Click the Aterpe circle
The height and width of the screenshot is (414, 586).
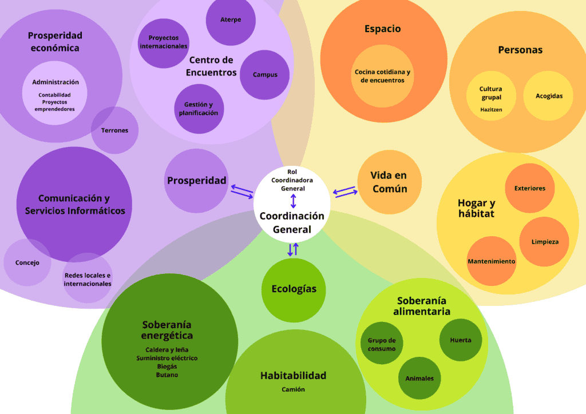(231, 21)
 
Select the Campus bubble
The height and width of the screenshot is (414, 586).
(264, 74)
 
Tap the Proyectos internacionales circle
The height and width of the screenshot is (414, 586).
(164, 42)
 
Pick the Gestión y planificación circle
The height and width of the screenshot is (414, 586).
(199, 109)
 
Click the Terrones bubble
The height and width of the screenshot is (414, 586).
(115, 130)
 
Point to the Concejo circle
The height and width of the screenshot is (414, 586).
(27, 263)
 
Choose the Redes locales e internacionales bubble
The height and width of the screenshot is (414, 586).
(88, 278)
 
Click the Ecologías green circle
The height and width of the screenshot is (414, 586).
(294, 289)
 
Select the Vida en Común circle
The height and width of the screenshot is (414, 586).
(389, 182)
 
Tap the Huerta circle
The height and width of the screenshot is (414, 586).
(461, 340)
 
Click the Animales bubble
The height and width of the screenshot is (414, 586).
(419, 378)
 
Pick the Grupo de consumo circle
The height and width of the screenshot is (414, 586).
(382, 344)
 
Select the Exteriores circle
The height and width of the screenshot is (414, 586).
(529, 188)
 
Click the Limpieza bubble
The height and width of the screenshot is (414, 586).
(544, 241)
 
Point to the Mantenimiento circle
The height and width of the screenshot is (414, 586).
(491, 261)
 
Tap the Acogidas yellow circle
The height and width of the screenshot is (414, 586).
(549, 96)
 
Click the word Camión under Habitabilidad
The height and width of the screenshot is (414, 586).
(293, 389)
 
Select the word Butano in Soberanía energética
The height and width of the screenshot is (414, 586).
(167, 375)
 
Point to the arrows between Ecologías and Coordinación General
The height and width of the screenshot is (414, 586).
(293, 249)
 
